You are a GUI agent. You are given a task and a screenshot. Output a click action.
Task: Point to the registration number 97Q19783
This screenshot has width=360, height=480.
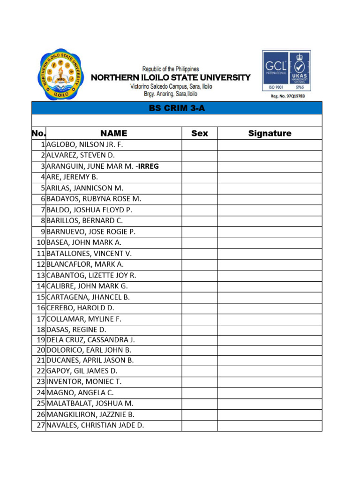(x=288, y=96)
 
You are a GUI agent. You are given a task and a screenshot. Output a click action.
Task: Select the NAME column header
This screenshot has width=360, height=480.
(x=113, y=134)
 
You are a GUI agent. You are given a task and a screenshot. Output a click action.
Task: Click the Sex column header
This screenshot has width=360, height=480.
(x=200, y=134)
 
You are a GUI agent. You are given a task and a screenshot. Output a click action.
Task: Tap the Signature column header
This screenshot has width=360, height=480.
(x=270, y=134)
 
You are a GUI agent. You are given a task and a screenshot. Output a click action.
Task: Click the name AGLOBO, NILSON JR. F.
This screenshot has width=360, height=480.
(x=84, y=145)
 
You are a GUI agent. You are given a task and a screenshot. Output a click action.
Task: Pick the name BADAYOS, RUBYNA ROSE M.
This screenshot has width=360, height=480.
(x=94, y=199)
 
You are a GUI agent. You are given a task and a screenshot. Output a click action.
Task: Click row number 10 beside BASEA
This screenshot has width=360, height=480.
(x=40, y=242)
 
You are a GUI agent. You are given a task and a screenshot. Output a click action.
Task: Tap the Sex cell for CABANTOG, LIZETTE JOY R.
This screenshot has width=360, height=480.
(x=200, y=275)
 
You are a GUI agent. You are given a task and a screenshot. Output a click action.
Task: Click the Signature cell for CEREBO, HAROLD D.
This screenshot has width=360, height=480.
(x=270, y=308)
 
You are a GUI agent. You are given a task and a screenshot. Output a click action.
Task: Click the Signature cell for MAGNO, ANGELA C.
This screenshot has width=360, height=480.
(x=270, y=393)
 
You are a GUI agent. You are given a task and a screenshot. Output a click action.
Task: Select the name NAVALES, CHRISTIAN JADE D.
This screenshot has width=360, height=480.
(x=95, y=426)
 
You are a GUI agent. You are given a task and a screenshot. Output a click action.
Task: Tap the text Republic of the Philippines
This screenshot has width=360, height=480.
(x=171, y=69)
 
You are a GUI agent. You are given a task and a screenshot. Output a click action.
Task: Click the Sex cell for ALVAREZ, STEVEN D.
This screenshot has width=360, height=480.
(x=200, y=155)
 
